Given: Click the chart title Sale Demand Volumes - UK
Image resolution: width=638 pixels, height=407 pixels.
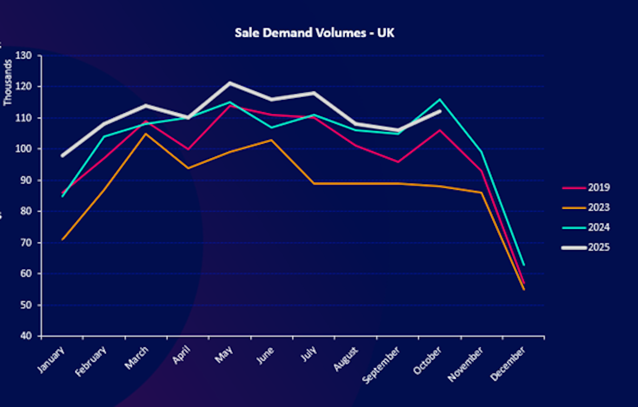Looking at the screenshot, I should (315, 33).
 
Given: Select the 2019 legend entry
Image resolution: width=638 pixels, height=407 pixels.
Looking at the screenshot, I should (598, 187).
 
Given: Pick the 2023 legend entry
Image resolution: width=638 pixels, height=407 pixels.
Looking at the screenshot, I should (598, 207).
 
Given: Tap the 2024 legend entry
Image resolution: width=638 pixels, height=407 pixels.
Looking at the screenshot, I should (598, 227).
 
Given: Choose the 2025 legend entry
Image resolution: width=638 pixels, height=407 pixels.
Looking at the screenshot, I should (598, 247).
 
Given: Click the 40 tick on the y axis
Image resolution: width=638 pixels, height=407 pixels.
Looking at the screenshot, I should (27, 336).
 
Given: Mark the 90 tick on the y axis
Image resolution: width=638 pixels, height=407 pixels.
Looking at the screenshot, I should (27, 180).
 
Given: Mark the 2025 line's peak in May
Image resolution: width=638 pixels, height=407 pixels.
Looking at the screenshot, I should (230, 83).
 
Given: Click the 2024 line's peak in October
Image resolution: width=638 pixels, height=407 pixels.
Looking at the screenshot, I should (440, 99).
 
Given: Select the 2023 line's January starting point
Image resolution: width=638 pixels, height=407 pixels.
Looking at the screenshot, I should (63, 239).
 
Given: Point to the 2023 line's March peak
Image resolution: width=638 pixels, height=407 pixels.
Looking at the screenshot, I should (146, 134).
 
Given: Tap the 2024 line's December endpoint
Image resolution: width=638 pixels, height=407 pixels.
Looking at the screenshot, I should (524, 264).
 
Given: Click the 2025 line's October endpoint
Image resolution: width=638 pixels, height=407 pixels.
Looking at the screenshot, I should (440, 111).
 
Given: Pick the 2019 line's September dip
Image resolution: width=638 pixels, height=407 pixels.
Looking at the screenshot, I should (398, 162).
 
